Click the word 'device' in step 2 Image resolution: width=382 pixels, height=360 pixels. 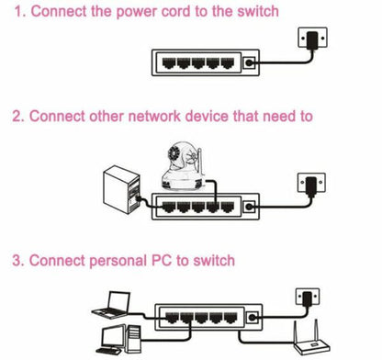[x=218, y=117]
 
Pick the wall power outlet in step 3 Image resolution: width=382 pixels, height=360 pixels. [x=309, y=299]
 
